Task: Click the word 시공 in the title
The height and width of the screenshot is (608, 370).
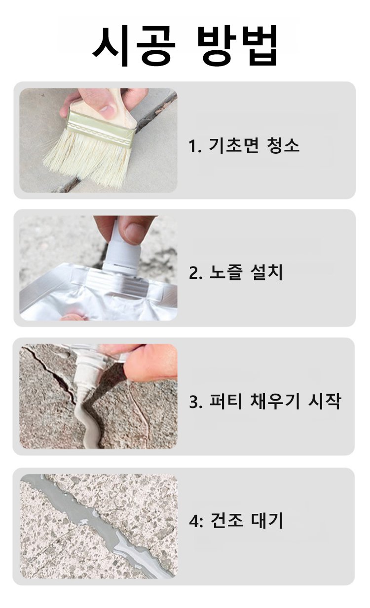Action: (134, 45)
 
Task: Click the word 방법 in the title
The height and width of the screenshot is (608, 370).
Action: (236, 45)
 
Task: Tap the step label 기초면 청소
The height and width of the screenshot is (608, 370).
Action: (254, 145)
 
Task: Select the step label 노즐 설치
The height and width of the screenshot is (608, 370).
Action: (246, 272)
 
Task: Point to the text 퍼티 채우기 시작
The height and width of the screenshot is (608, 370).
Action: (275, 401)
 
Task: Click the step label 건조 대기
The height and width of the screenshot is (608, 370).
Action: (247, 521)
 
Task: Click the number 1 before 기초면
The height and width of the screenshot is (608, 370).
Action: (192, 146)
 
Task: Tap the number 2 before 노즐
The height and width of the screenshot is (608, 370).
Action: (193, 273)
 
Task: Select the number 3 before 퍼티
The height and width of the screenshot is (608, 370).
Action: (193, 402)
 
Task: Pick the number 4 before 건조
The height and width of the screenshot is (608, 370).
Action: (194, 521)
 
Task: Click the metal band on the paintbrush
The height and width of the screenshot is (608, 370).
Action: (102, 128)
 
